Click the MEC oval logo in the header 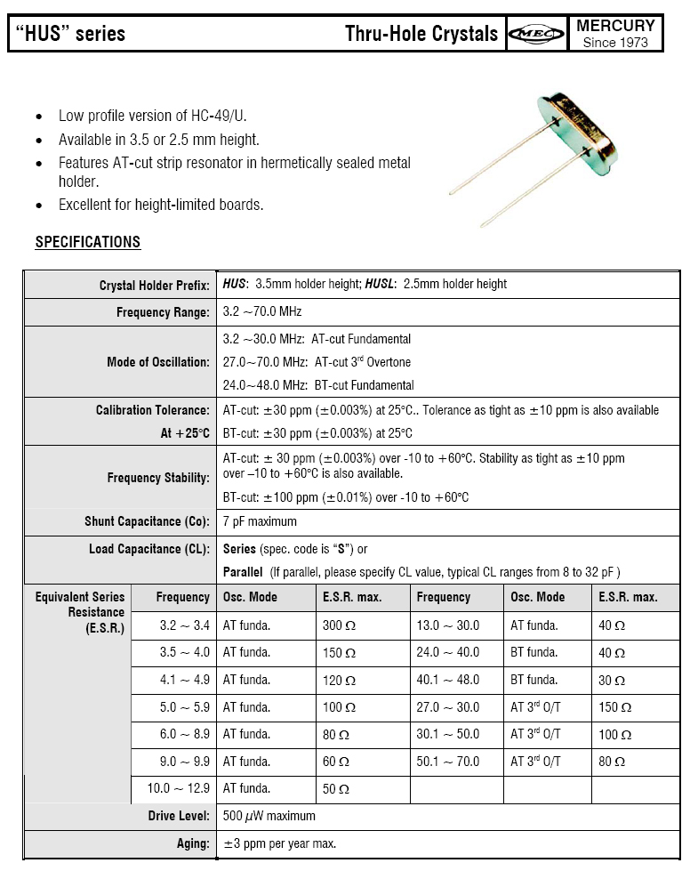(x=536, y=35)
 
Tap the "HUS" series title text (x=69, y=35)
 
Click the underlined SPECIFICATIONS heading (x=88, y=242)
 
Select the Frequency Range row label (x=163, y=312)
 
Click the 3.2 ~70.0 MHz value (x=262, y=312)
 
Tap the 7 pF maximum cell (x=260, y=521)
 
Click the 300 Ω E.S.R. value (x=339, y=625)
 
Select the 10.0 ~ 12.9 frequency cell (x=184, y=788)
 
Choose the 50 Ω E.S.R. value (x=335, y=789)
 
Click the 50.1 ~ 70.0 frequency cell (x=447, y=762)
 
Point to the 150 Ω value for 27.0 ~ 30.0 (x=614, y=707)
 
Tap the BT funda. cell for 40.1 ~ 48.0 (x=534, y=680)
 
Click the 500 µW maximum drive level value (x=269, y=816)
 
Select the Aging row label (x=193, y=843)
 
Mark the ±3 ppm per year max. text (x=279, y=843)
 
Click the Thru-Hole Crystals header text (x=421, y=35)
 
